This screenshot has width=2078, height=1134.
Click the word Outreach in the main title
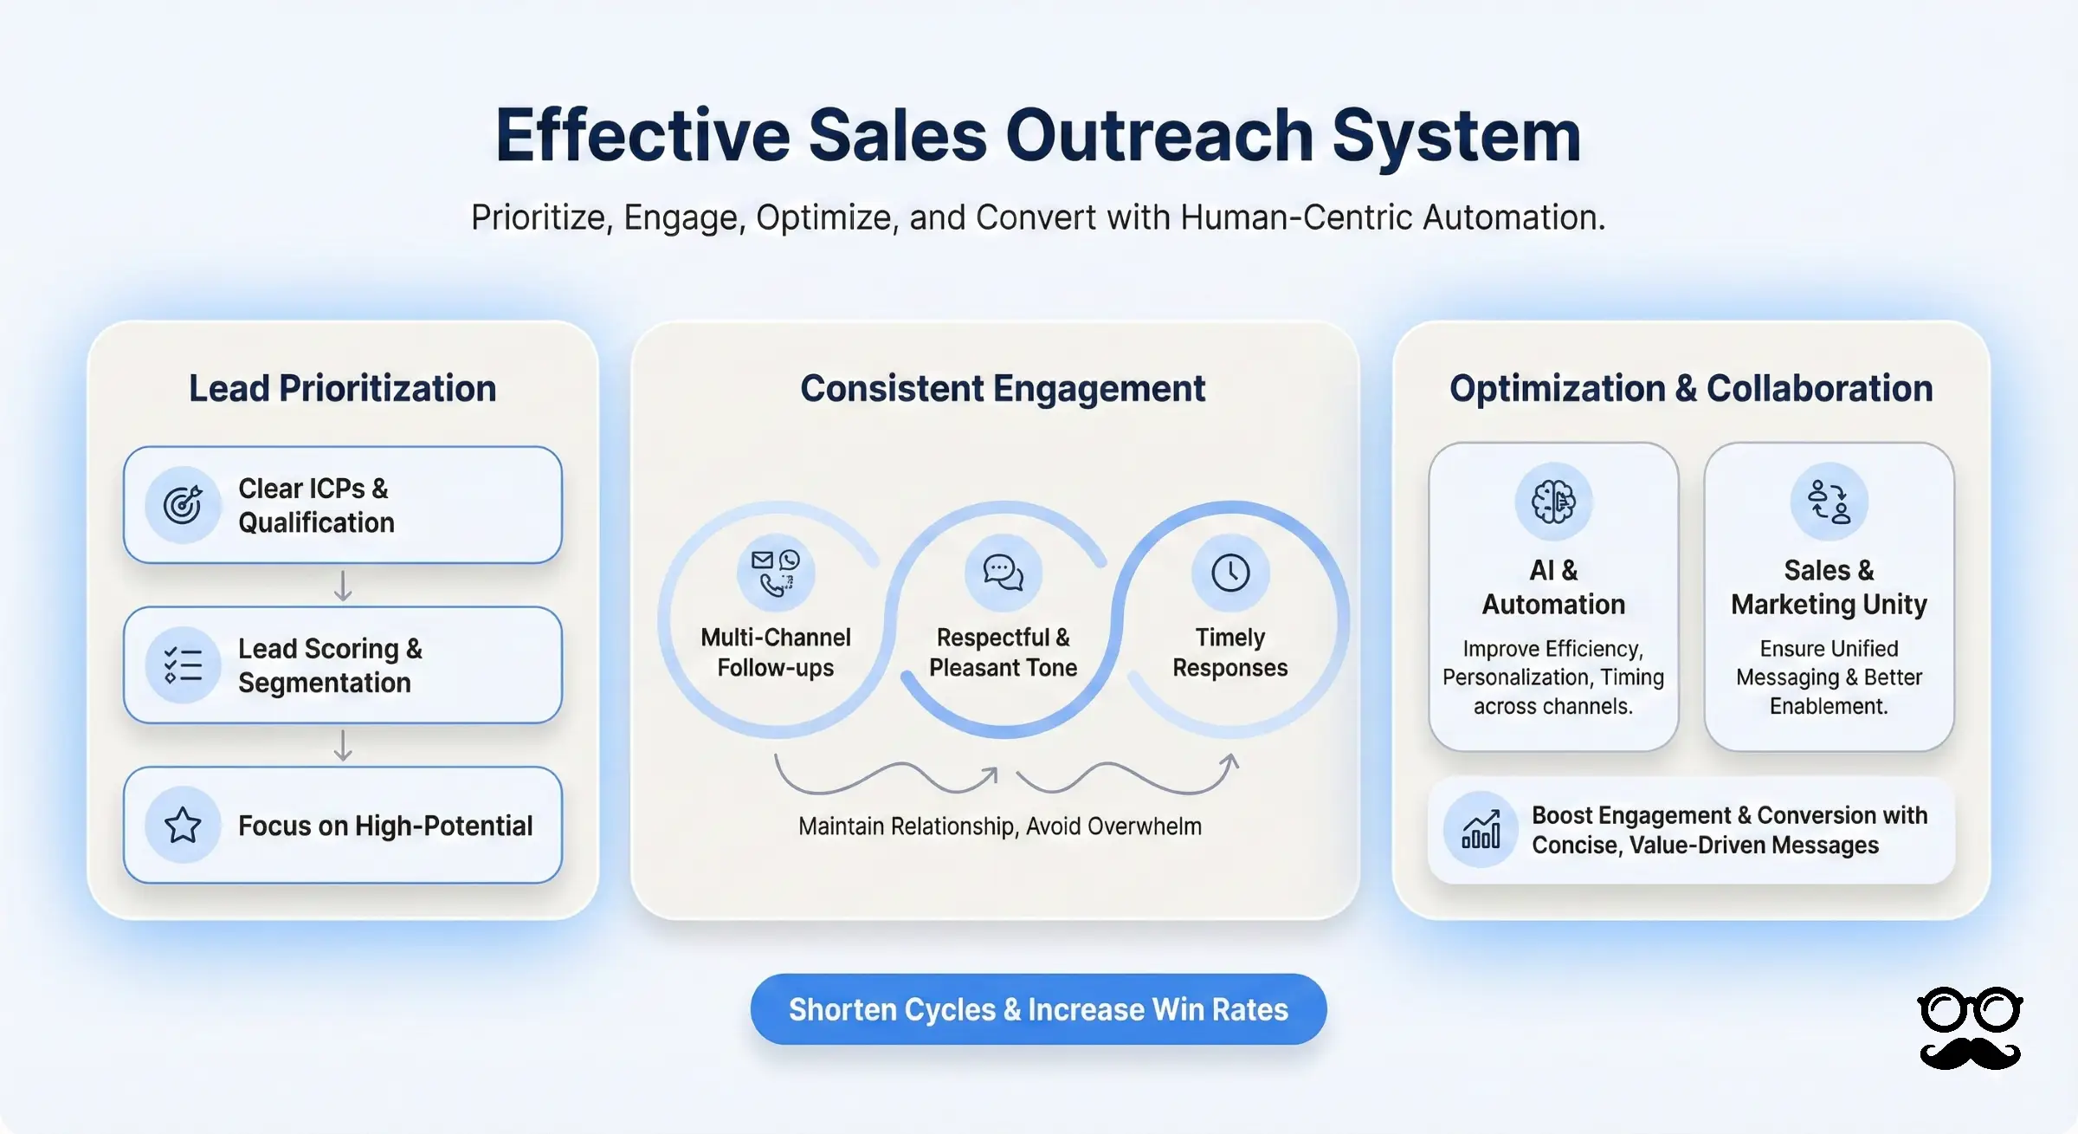pyautogui.click(x=1159, y=136)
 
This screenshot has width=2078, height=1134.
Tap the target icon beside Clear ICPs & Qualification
pyautogui.click(x=183, y=505)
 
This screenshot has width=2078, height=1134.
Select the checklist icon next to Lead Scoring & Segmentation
pyautogui.click(x=183, y=665)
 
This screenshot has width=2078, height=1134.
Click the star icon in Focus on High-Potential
pyautogui.click(x=183, y=826)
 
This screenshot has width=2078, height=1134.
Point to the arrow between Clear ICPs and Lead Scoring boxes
pyautogui.click(x=343, y=586)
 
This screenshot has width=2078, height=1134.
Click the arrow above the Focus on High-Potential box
pyautogui.click(x=343, y=745)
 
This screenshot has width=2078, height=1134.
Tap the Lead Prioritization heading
pyautogui.click(x=343, y=388)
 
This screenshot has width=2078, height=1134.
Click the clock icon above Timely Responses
pyautogui.click(x=1230, y=573)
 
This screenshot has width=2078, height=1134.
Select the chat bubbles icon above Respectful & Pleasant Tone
pyautogui.click(x=1003, y=573)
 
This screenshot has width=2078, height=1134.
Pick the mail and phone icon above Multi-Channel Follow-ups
pyautogui.click(x=776, y=573)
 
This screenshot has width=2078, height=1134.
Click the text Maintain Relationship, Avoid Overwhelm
pyautogui.click(x=1000, y=826)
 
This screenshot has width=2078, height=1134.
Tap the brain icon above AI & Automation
pyautogui.click(x=1553, y=502)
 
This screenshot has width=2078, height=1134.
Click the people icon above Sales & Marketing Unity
pyautogui.click(x=1829, y=502)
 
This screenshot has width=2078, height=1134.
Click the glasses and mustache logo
pyautogui.click(x=1970, y=1028)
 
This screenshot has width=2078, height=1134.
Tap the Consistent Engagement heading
pyautogui.click(x=1003, y=388)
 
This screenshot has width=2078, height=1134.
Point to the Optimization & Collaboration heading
pyautogui.click(x=1691, y=388)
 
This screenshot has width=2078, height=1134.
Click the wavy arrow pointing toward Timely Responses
pyautogui.click(x=1126, y=775)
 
